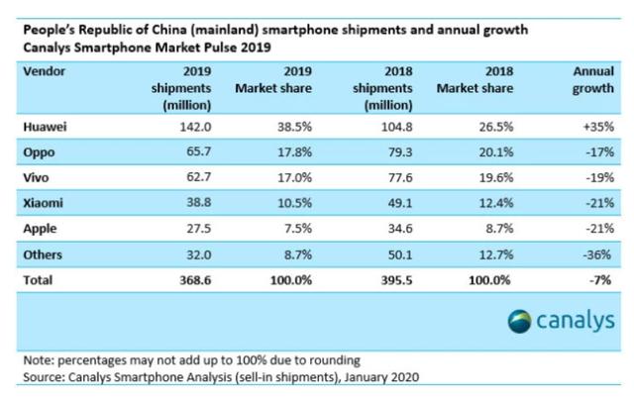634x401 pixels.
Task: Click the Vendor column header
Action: coord(44,72)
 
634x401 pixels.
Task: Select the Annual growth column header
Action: coord(593,80)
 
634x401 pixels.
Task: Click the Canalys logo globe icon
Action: coord(521,322)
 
